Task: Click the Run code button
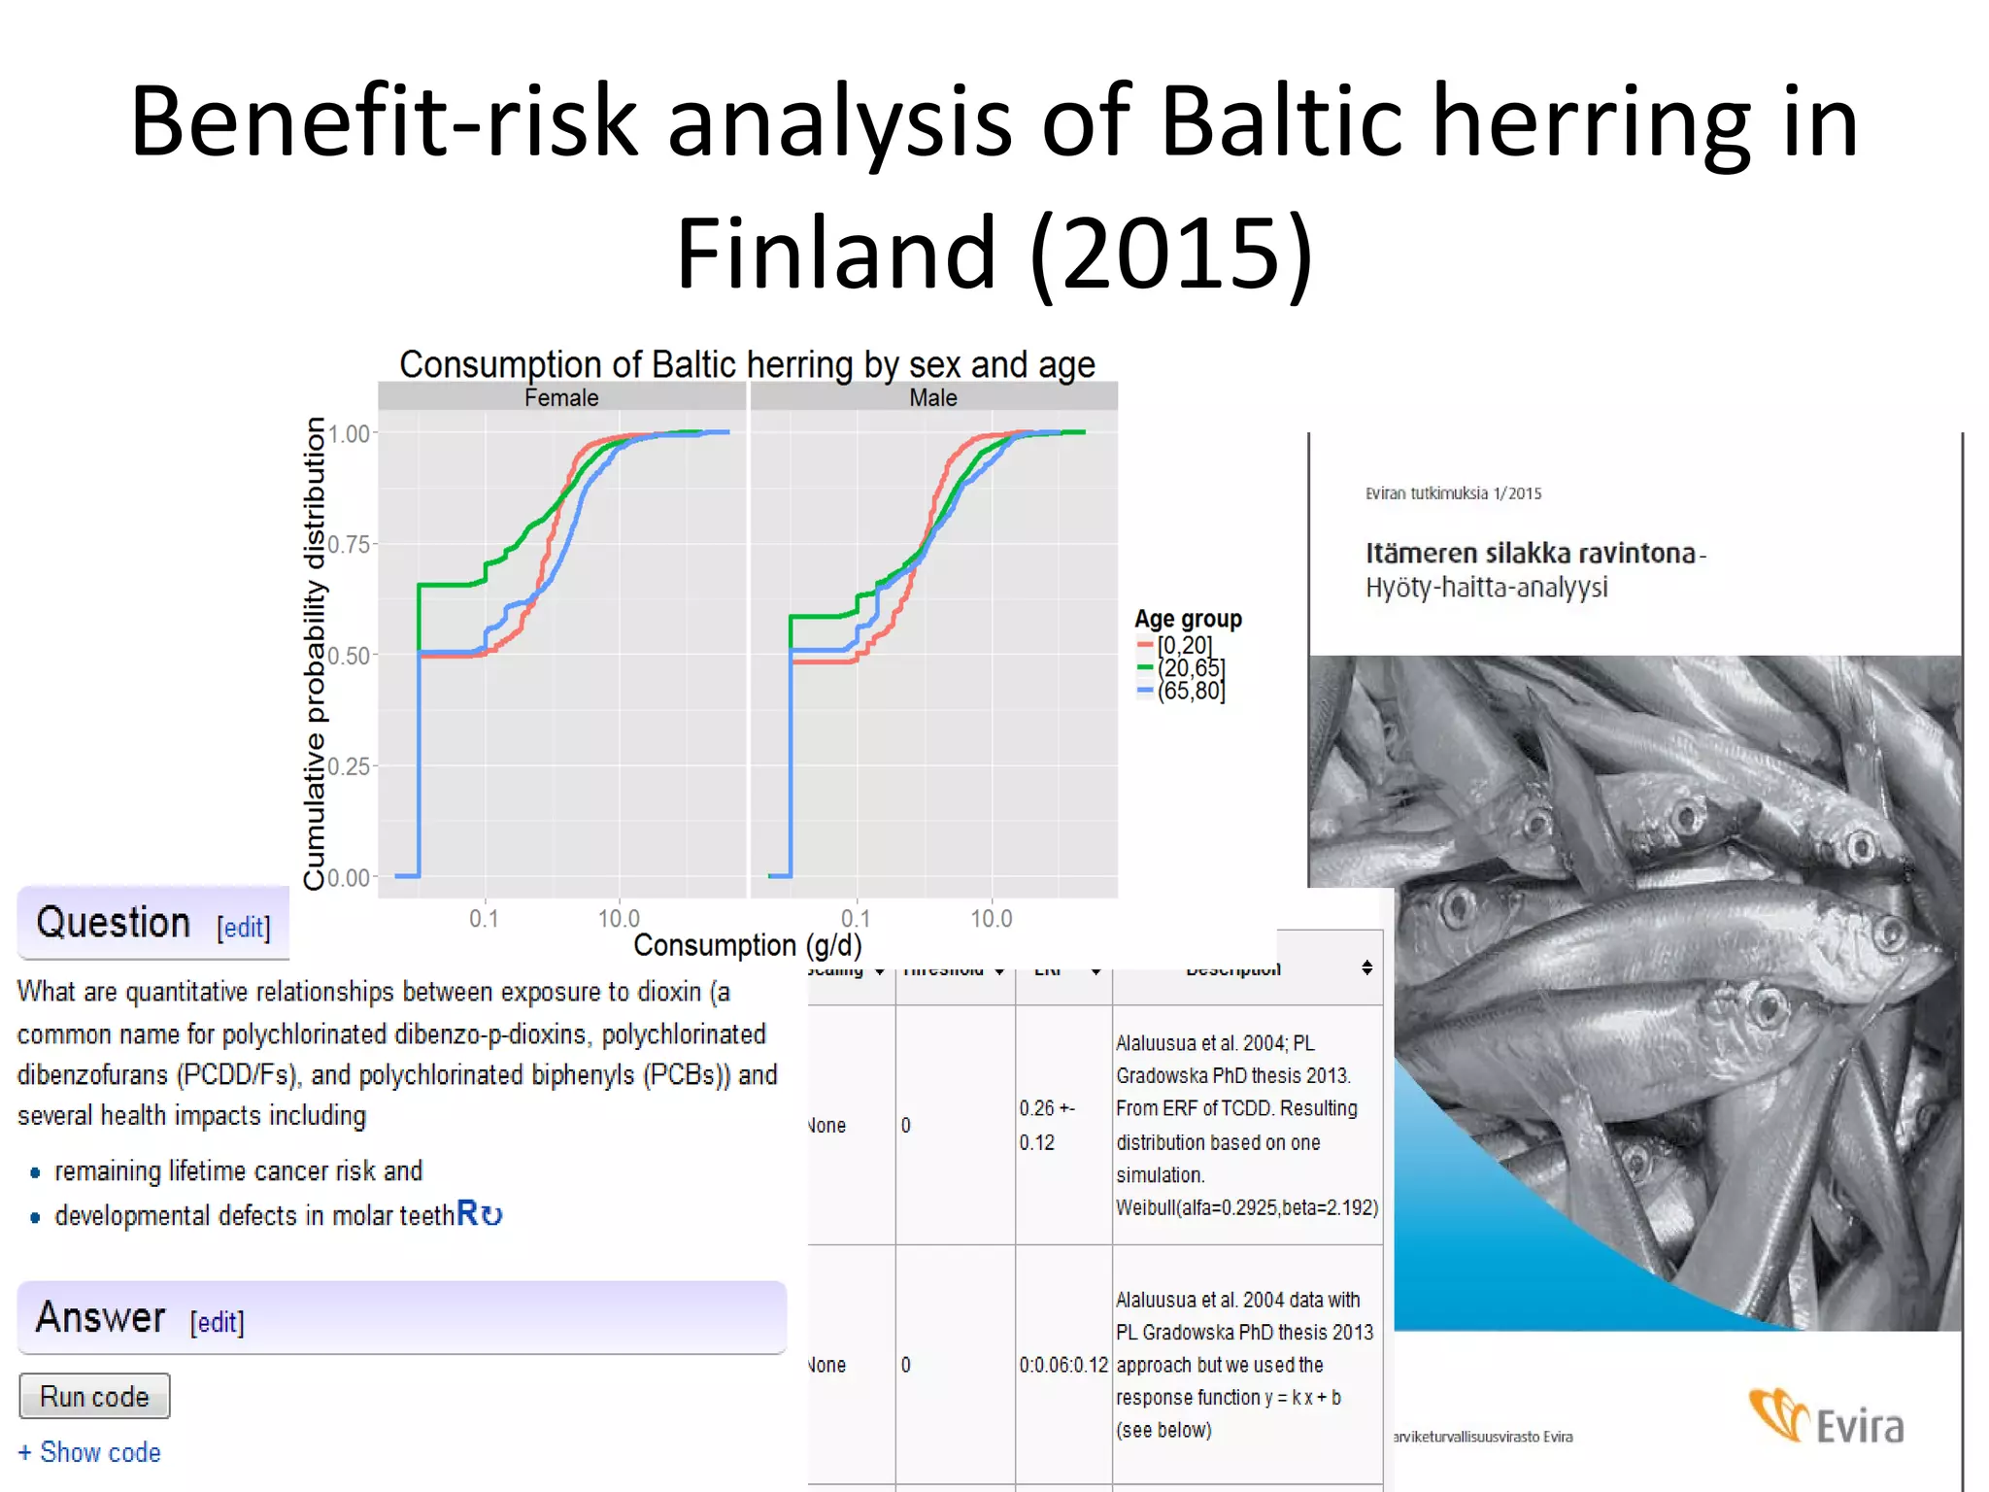[94, 1396]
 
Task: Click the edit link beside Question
[244, 927]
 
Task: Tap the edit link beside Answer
[217, 1321]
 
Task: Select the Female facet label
[561, 397]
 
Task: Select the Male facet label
[933, 397]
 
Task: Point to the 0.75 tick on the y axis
[349, 544]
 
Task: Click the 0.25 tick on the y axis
[349, 766]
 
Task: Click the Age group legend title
[1188, 619]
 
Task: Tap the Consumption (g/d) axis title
[747, 945]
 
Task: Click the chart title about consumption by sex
[747, 364]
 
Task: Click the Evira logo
[1827, 1419]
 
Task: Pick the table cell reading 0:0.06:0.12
[1062, 1365]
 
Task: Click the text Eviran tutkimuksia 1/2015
[1453, 493]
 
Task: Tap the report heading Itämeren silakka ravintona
[1531, 553]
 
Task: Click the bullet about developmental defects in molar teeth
[254, 1215]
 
